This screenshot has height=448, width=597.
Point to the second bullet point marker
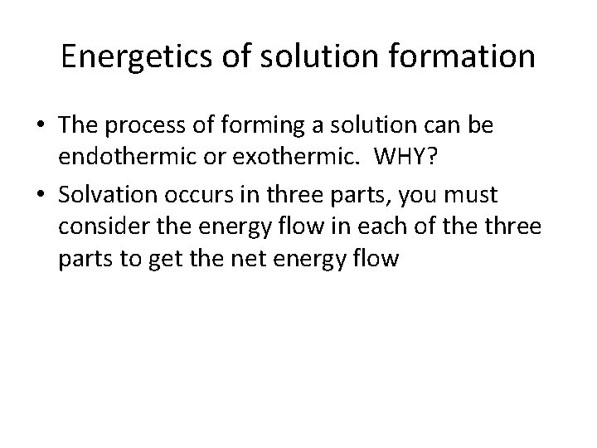click(x=41, y=196)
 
